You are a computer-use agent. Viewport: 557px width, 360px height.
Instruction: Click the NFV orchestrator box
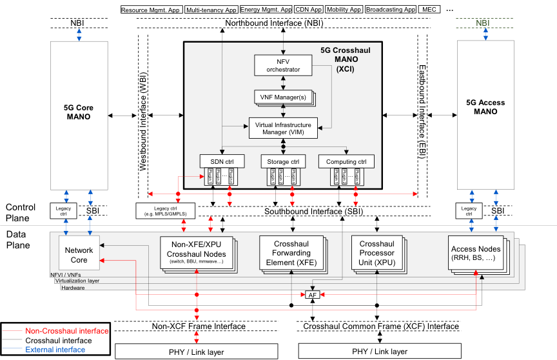pyautogui.click(x=283, y=65)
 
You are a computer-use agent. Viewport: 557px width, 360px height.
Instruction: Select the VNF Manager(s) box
pyautogui.click(x=282, y=97)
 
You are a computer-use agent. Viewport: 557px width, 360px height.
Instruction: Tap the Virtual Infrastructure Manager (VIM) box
pyautogui.click(x=283, y=128)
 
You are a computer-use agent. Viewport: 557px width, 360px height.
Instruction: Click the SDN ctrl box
pyautogui.click(x=222, y=161)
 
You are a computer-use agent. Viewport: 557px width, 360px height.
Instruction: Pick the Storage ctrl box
pyautogui.click(x=283, y=161)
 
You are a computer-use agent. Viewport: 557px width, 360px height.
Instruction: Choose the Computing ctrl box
pyautogui.click(x=346, y=161)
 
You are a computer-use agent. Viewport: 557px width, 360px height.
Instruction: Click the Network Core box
pyautogui.click(x=79, y=254)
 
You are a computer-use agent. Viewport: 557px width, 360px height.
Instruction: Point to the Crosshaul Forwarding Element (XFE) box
pyautogui.click(x=291, y=254)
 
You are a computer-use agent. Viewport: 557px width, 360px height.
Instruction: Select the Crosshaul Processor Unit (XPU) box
pyautogui.click(x=376, y=253)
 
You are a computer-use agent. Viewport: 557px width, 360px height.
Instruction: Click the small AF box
pyautogui.click(x=313, y=294)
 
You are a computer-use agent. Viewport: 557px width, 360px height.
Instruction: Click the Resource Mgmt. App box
pyautogui.click(x=151, y=10)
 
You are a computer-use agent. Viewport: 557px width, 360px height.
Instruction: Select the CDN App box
pyautogui.click(x=308, y=10)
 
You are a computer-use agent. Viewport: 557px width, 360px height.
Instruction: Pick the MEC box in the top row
pyautogui.click(x=429, y=10)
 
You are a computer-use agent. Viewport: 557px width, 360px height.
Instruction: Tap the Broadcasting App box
pyautogui.click(x=390, y=10)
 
